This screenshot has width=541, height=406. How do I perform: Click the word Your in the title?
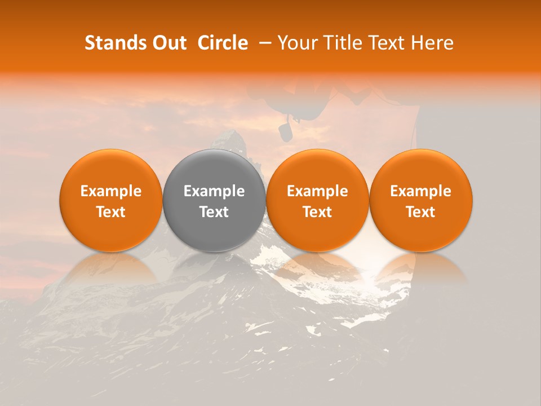(297, 43)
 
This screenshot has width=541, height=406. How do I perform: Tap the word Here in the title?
(432, 43)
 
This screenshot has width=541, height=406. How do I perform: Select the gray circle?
(214, 200)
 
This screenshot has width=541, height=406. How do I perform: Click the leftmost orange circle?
(111, 200)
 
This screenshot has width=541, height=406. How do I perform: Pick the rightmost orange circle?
(420, 200)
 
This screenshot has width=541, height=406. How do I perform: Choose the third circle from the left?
(317, 200)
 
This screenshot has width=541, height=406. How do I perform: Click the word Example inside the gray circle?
(214, 191)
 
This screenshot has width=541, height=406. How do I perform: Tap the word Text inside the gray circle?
(214, 212)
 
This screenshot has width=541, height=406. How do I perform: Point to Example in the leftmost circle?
(111, 191)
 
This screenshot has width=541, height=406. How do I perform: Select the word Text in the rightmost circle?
(420, 212)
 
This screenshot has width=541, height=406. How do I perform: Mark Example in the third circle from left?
(317, 191)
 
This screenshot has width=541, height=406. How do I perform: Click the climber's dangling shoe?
(285, 131)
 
